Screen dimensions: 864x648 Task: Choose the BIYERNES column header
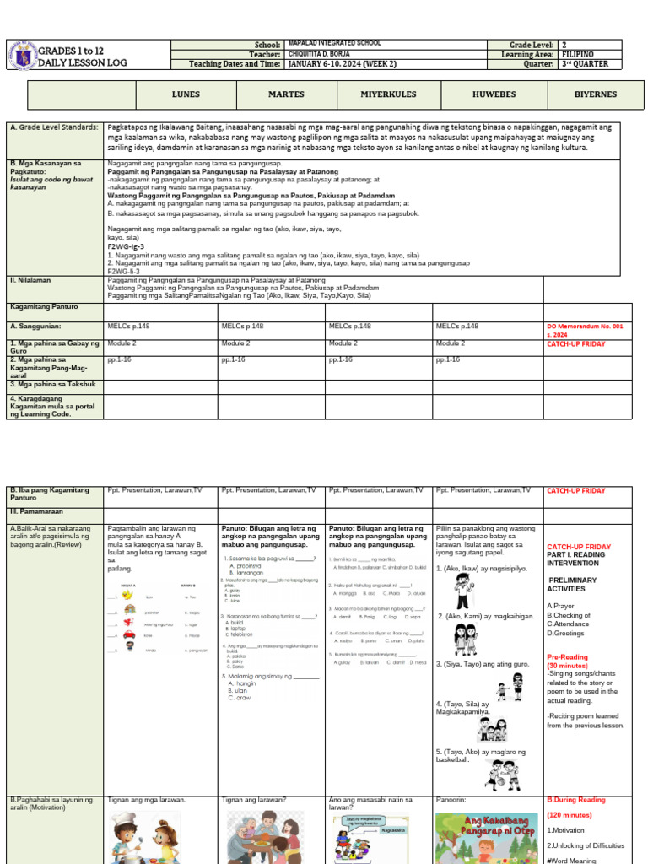596,95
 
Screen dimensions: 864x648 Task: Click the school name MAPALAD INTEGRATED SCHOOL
334,43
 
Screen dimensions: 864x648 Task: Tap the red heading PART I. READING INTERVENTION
580,558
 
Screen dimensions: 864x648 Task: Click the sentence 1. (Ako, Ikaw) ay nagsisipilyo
482,569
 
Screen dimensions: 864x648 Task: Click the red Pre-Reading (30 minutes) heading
569,661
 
